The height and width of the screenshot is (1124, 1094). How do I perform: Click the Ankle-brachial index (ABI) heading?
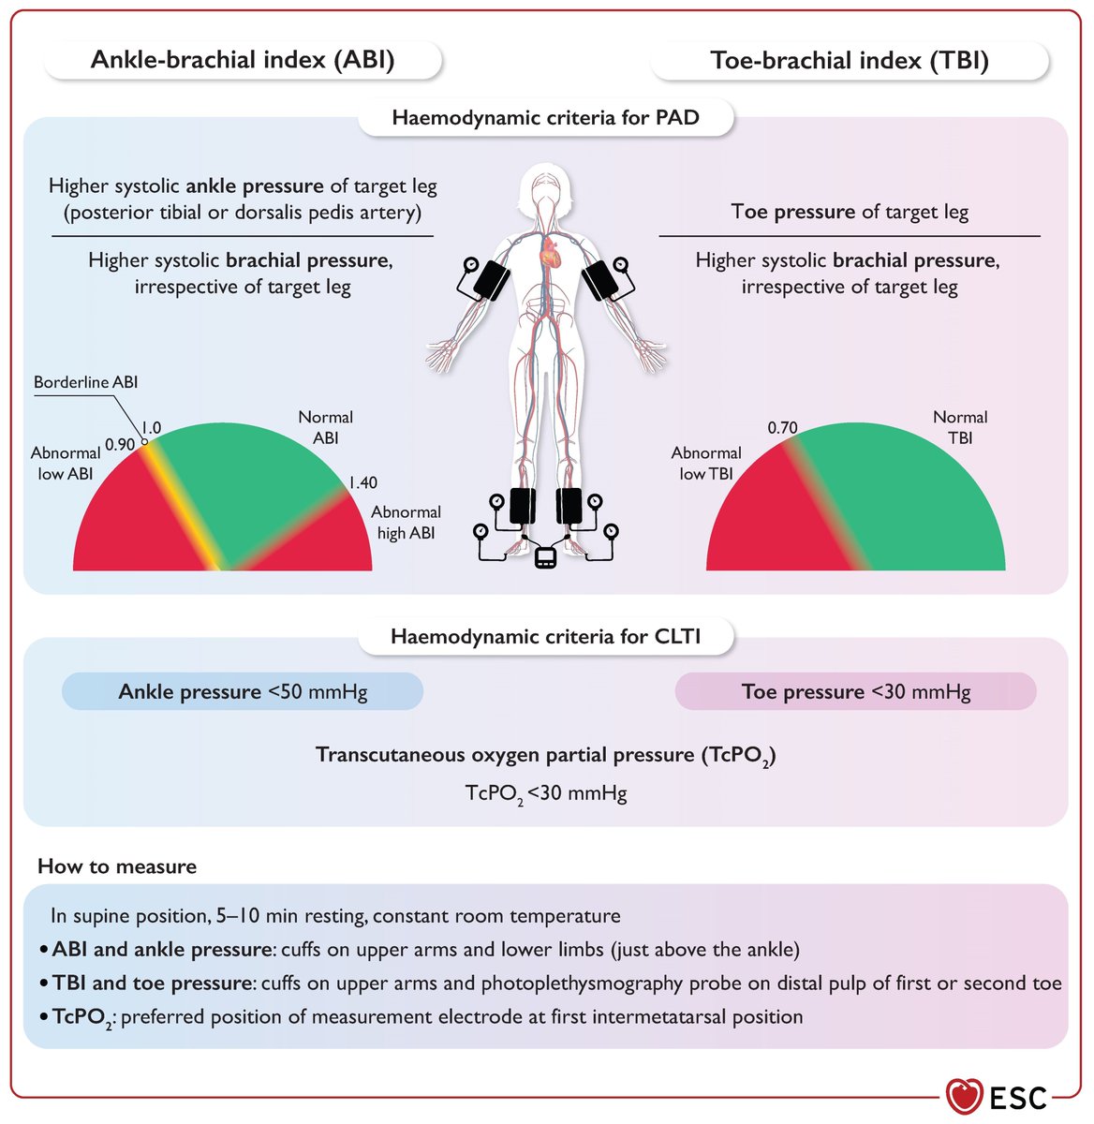point(243,60)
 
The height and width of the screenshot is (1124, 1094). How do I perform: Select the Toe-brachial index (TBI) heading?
point(850,61)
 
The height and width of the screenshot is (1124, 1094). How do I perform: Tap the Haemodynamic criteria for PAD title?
point(545,118)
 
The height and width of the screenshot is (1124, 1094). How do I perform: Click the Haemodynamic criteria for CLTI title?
point(545,637)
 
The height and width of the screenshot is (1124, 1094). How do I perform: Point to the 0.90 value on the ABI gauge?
point(120,444)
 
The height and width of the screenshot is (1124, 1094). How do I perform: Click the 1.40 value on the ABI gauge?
point(362,482)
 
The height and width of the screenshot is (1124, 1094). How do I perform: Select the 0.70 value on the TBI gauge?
point(782,428)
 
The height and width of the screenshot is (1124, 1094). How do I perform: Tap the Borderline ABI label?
point(85,382)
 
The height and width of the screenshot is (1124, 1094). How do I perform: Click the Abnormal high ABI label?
point(405,523)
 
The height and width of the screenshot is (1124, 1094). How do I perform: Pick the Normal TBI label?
point(960,427)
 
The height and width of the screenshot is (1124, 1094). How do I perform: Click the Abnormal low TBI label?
point(706,463)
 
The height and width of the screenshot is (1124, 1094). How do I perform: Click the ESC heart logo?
point(964,1095)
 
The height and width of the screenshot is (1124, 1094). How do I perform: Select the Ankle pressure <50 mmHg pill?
point(243,692)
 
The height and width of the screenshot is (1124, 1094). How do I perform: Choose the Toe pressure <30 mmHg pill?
point(855,692)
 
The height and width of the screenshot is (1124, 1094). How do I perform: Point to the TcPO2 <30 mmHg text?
point(546,794)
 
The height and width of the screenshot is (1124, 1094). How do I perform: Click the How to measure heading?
point(117,866)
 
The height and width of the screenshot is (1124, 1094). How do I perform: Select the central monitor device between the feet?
point(545,559)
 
